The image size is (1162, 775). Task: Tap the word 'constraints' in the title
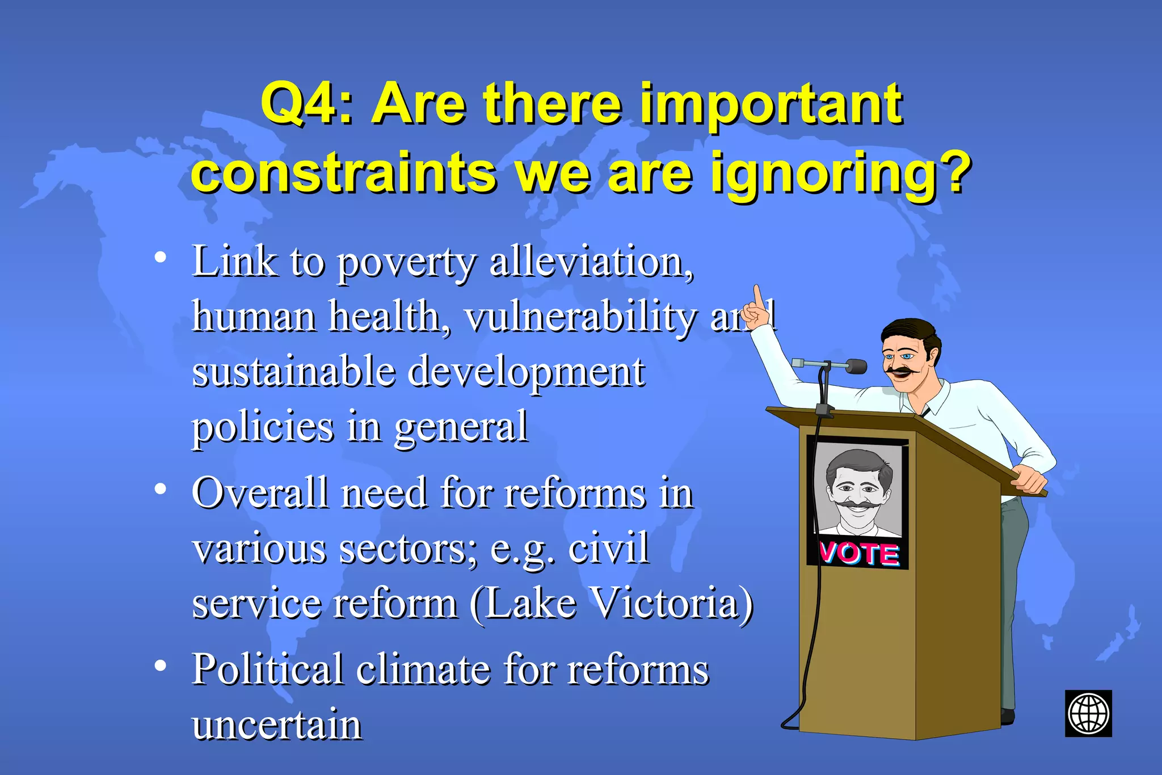344,174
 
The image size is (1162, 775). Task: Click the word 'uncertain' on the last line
277,725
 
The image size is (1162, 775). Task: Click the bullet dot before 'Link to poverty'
161,258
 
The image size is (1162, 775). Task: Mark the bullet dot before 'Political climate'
161,666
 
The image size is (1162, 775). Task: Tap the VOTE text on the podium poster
859,553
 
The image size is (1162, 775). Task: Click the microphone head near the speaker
854,367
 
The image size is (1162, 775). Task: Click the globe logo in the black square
1088,713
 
